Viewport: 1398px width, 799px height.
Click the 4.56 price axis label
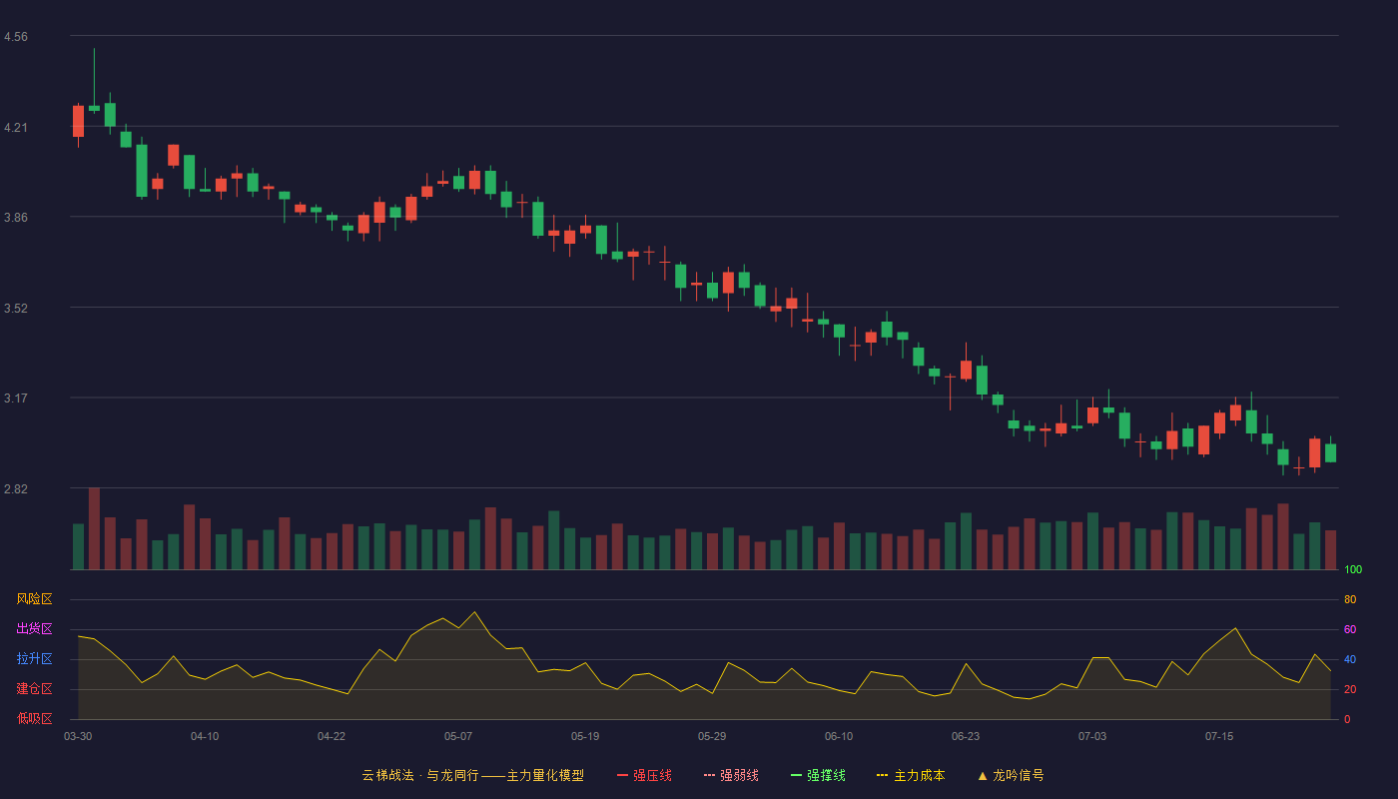click(16, 37)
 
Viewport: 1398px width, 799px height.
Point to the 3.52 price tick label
click(16, 309)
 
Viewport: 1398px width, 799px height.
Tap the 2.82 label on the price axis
click(16, 488)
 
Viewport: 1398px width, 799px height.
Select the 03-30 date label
click(78, 737)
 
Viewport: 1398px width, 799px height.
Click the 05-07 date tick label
click(458, 737)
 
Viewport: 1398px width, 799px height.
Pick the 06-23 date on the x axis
click(966, 737)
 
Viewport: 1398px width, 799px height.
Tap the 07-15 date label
click(1219, 737)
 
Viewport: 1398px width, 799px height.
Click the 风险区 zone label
click(34, 599)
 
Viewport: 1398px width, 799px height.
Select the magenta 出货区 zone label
click(34, 628)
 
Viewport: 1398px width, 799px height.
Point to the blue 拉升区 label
click(34, 658)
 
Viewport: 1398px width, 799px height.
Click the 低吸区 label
click(34, 718)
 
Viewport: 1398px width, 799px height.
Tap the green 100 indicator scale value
click(1353, 569)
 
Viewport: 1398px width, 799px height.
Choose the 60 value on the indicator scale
click(1350, 629)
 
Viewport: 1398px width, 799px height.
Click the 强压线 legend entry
click(644, 775)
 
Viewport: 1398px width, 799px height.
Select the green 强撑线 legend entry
click(818, 775)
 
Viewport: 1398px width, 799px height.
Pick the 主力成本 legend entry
click(911, 775)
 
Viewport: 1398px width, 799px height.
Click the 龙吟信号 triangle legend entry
click(1011, 775)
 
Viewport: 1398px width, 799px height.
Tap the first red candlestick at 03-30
click(78, 121)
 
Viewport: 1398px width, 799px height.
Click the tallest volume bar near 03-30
click(94, 528)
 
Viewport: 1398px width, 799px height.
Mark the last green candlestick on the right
click(1330, 452)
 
